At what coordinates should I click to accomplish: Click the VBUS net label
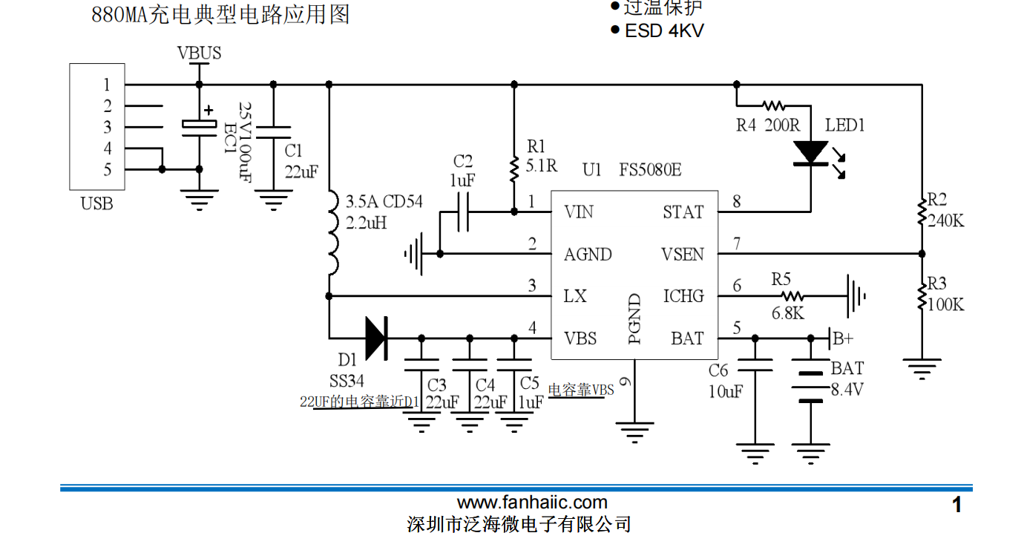click(199, 53)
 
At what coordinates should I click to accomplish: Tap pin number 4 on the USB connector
click(108, 148)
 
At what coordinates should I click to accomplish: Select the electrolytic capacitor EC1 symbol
click(199, 127)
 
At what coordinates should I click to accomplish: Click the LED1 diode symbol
click(810, 153)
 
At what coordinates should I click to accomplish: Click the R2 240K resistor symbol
click(922, 211)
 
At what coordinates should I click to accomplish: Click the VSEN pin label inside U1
click(682, 255)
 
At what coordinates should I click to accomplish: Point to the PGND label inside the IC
click(634, 319)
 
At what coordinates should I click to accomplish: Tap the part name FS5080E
click(650, 169)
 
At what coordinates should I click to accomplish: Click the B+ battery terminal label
click(842, 338)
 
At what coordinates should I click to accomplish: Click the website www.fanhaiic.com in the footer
click(532, 503)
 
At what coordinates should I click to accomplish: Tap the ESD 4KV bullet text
click(663, 30)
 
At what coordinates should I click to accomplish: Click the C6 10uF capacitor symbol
click(755, 365)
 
